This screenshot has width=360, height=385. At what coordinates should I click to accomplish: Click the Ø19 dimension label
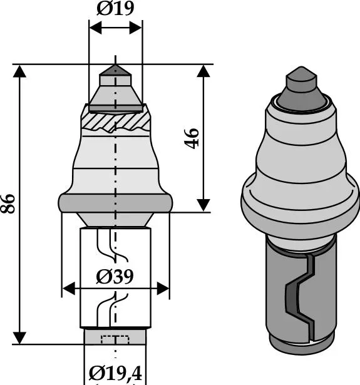[x=115, y=8]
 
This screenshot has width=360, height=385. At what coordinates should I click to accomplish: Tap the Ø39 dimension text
[x=115, y=277]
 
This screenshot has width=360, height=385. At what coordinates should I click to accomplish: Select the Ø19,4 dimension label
[x=115, y=374]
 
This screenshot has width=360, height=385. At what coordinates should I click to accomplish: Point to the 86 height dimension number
[x=8, y=203]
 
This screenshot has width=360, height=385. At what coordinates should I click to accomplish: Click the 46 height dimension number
[x=192, y=138]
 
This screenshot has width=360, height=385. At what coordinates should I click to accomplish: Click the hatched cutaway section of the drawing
[x=115, y=121]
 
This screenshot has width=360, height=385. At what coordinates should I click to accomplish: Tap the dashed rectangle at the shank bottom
[x=115, y=339]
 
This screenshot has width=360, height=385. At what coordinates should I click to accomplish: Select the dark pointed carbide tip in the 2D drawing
[x=115, y=70]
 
